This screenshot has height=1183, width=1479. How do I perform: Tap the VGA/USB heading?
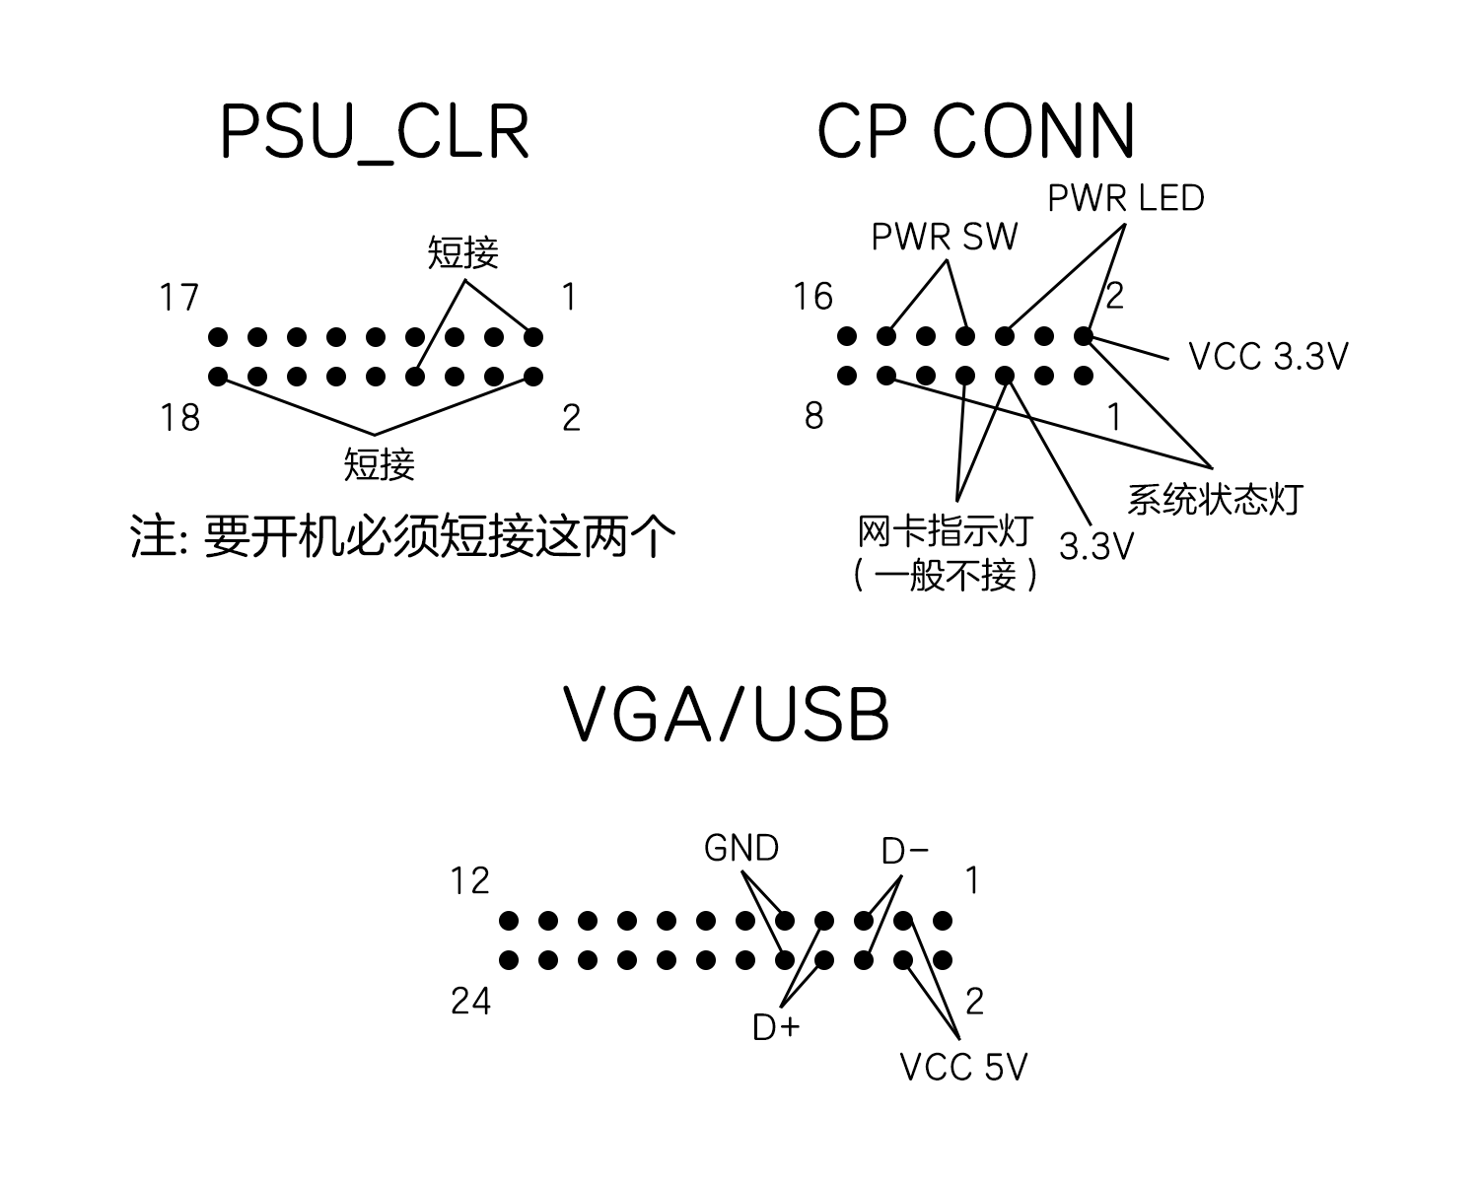(x=727, y=714)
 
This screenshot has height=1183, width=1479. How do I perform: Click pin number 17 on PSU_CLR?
(x=179, y=298)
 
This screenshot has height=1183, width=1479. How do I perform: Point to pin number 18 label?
(x=179, y=418)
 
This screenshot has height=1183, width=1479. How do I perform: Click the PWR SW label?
(x=944, y=237)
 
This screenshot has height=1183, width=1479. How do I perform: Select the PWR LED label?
(x=1125, y=198)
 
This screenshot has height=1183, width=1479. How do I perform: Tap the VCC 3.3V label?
(x=1268, y=356)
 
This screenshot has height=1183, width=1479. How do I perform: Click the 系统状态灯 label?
(x=1215, y=500)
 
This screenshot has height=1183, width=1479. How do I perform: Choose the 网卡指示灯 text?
(x=945, y=531)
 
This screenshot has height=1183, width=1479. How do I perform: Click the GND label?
(x=741, y=848)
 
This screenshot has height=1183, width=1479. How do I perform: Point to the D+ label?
(x=776, y=1027)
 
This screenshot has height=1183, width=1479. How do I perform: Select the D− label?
(x=904, y=851)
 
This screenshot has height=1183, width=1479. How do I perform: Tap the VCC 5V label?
(x=963, y=1067)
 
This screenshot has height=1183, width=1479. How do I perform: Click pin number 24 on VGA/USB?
(x=470, y=1002)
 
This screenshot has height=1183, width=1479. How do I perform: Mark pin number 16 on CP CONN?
(x=813, y=297)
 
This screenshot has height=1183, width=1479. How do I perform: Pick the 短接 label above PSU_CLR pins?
(x=462, y=253)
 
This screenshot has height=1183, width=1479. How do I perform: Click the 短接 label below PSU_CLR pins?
(x=379, y=464)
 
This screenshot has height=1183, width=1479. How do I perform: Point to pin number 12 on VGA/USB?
(x=469, y=880)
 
